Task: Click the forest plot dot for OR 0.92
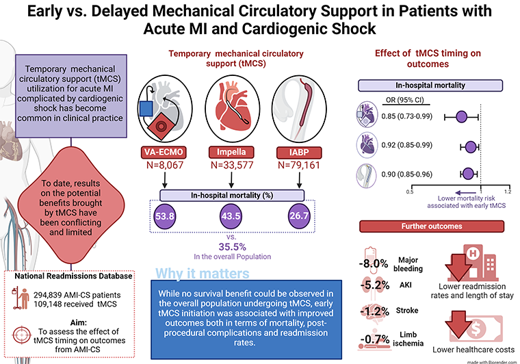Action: click(471, 145)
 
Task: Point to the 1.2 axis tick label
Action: click(508, 192)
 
